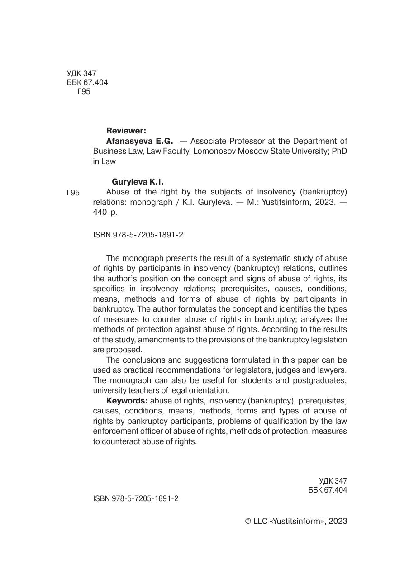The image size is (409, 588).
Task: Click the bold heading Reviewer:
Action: [x=126, y=131]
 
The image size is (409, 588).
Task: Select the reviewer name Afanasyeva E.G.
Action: [x=139, y=141]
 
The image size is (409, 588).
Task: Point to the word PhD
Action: [x=339, y=151]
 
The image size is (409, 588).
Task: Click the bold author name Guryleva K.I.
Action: [x=138, y=182]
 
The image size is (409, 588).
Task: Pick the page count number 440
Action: [x=100, y=212]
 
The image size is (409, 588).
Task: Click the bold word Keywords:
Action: [x=127, y=401]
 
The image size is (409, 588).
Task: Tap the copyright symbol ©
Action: [x=248, y=521]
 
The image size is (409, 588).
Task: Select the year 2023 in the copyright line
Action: [x=338, y=521]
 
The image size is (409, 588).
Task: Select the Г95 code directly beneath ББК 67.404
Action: [x=84, y=92]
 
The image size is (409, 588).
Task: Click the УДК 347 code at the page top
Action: [x=81, y=73]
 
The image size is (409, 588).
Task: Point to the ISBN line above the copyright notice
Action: [x=136, y=498]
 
